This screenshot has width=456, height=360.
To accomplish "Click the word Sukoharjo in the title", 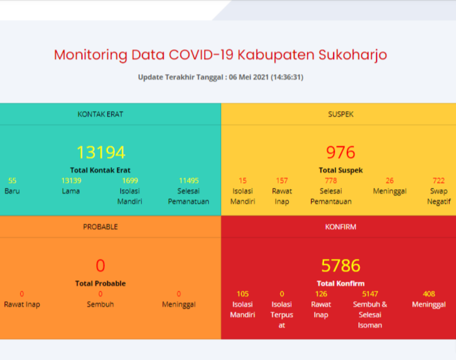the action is pyautogui.click(x=353, y=55).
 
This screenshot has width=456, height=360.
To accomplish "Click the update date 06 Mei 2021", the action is pyautogui.click(x=249, y=77).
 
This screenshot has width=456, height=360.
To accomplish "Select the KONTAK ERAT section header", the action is pyautogui.click(x=100, y=114).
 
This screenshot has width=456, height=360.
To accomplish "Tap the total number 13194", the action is pyautogui.click(x=101, y=152).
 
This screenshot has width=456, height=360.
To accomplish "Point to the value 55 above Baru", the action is pyautogui.click(x=12, y=181).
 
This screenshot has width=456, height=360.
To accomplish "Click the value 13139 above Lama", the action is pyautogui.click(x=71, y=181).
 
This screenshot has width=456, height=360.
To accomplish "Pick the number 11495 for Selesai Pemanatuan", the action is pyautogui.click(x=189, y=181).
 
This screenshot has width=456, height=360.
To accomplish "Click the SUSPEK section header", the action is pyautogui.click(x=341, y=114).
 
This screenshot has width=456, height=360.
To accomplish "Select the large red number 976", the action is pyautogui.click(x=340, y=152).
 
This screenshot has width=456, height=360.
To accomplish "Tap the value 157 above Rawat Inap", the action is pyautogui.click(x=282, y=181).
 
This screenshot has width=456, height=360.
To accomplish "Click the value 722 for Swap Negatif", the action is pyautogui.click(x=439, y=181).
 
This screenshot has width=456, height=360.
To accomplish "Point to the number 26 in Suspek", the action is pyautogui.click(x=390, y=181).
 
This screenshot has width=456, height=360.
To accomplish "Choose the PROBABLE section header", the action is pyautogui.click(x=100, y=227).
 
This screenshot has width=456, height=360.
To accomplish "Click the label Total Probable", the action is pyautogui.click(x=100, y=283).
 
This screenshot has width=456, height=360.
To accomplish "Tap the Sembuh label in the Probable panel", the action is pyautogui.click(x=100, y=304).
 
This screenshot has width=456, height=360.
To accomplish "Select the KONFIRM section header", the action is pyautogui.click(x=340, y=227).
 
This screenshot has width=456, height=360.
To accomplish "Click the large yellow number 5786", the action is pyautogui.click(x=340, y=265).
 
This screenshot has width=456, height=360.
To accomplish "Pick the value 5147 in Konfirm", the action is pyautogui.click(x=370, y=294).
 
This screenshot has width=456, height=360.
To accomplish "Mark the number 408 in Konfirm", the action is pyautogui.click(x=429, y=294).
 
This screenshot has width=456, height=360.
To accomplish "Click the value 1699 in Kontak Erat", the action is pyautogui.click(x=130, y=181).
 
